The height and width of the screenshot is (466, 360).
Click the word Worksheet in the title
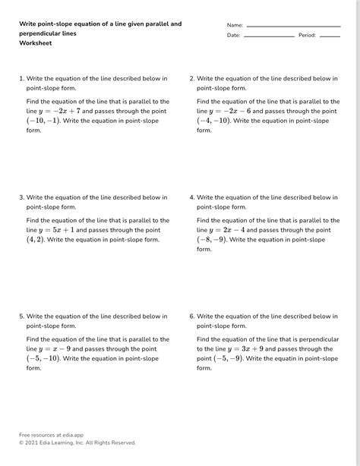pyautogui.click(x=36, y=43)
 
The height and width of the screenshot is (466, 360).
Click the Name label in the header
pyautogui.click(x=235, y=25)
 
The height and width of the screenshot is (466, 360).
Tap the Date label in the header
pyautogui.click(x=233, y=35)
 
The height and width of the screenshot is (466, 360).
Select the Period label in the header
pyautogui.click(x=307, y=35)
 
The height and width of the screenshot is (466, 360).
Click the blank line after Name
pyautogui.click(x=293, y=26)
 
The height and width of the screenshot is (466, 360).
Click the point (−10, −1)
pyautogui.click(x=43, y=121)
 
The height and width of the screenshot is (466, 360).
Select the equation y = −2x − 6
pyautogui.click(x=229, y=111)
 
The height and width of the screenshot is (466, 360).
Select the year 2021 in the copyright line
pyautogui.click(x=33, y=442)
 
